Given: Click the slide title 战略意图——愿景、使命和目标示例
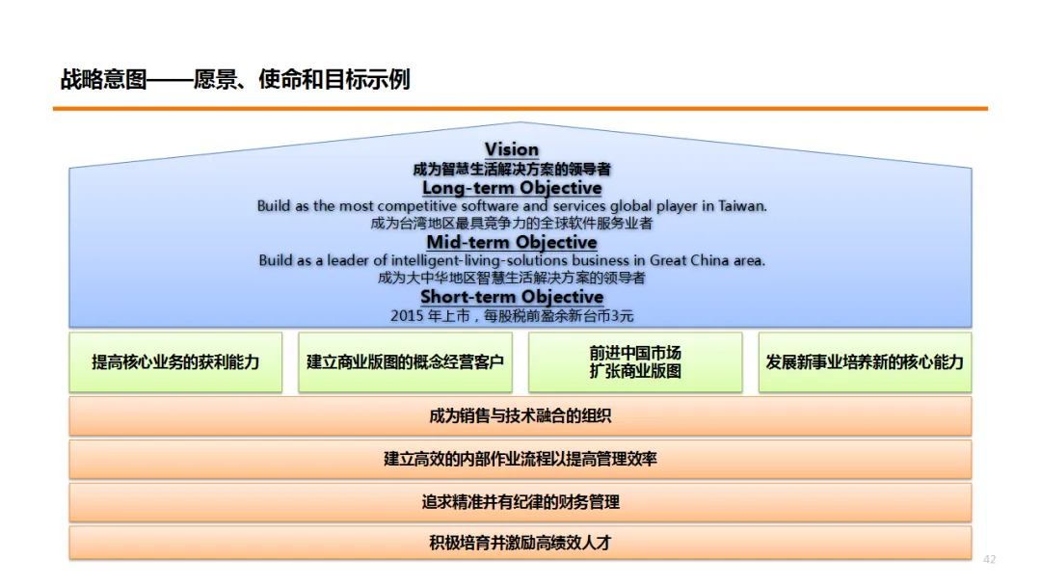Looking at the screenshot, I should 235,80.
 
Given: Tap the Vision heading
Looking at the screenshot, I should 512,149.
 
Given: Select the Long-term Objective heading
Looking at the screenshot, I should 512,188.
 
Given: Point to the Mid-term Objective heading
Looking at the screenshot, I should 512,242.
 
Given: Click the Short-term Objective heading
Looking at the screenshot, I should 512,297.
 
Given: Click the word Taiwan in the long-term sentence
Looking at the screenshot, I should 742,206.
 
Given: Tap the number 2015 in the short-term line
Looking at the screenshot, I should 407,316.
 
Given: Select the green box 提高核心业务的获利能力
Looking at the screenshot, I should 175,362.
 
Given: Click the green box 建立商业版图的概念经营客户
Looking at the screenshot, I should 405,362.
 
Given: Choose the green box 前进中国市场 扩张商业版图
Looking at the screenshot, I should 635,362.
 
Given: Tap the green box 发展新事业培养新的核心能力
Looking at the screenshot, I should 865,362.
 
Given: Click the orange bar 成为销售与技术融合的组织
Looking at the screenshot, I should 520,416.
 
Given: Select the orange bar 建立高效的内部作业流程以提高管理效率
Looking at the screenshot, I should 520,460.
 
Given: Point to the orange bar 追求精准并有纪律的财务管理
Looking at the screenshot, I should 520,502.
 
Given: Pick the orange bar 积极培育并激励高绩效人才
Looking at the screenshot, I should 520,544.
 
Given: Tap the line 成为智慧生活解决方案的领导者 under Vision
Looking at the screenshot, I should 512,169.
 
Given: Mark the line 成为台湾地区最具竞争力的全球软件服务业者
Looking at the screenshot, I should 512,224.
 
